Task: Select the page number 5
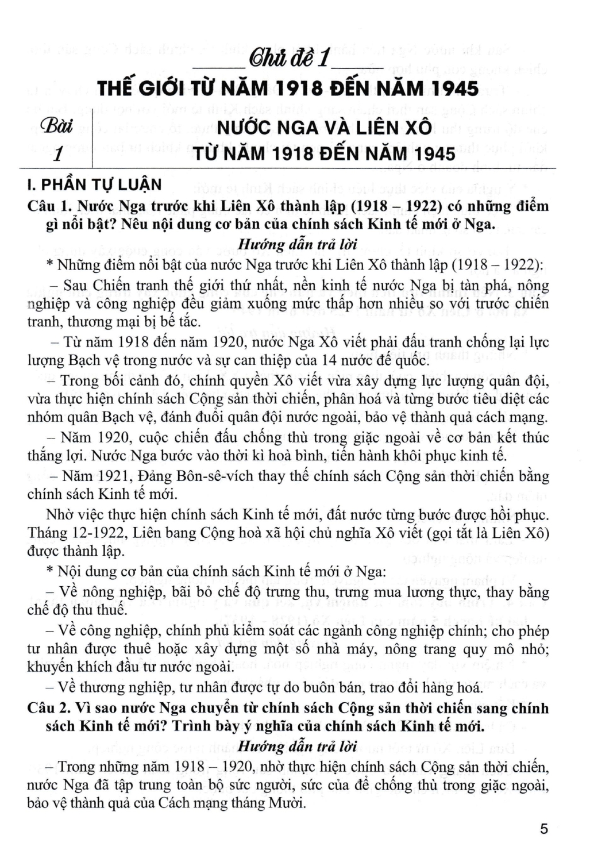click(544, 829)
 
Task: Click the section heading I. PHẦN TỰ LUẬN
click(95, 185)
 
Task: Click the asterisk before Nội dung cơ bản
click(50, 572)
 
